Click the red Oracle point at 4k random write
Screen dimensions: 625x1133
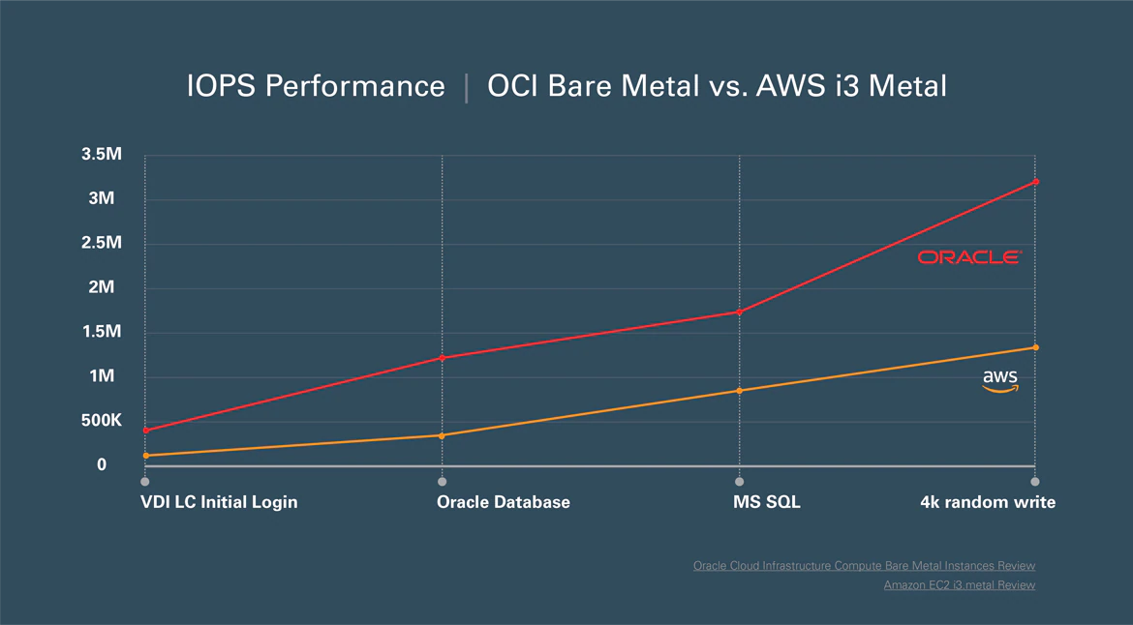[1035, 182]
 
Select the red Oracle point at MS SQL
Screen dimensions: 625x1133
[739, 312]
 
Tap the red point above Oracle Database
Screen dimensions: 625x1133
[442, 358]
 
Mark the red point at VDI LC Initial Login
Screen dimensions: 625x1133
[145, 431]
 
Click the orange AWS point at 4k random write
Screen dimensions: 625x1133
[1035, 347]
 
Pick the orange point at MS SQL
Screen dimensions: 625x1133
[739, 391]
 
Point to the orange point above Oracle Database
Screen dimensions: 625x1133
[442, 435]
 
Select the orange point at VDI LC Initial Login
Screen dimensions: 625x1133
[145, 456]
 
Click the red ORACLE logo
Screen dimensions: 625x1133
[969, 257]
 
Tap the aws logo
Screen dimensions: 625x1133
[1000, 380]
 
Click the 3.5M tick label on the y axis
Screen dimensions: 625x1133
[101, 154]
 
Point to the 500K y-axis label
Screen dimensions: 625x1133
[101, 421]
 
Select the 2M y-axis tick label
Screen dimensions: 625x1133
[101, 287]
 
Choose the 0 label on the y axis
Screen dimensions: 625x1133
[102, 465]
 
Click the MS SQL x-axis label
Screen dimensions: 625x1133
[767, 502]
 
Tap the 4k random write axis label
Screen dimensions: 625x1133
[988, 502]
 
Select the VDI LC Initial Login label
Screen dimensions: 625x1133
[219, 502]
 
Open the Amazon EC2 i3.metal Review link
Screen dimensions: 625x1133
[959, 585]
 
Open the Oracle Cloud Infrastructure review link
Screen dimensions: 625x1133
[864, 566]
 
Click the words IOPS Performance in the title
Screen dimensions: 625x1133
[316, 86]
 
